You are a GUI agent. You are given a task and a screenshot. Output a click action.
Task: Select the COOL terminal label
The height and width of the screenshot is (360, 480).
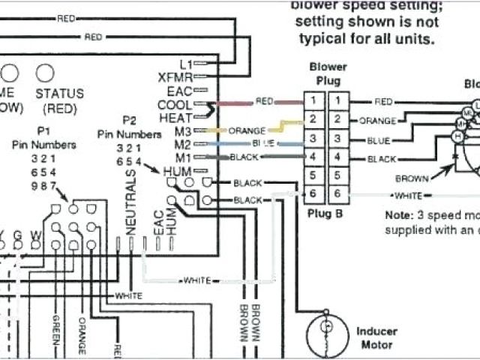175,104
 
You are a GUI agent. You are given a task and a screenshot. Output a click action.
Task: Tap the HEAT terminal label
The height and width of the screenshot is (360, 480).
175,117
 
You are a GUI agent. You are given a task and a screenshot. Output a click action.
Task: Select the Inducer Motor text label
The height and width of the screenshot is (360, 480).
376,337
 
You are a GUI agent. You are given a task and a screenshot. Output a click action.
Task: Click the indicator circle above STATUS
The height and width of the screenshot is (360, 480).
46,73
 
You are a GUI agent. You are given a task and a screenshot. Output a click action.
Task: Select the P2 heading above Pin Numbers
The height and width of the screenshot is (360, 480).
129,120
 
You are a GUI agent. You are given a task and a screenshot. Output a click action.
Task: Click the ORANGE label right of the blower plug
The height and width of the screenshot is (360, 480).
377,120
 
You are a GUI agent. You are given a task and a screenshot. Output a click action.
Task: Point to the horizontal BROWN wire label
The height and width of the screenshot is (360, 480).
412,178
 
